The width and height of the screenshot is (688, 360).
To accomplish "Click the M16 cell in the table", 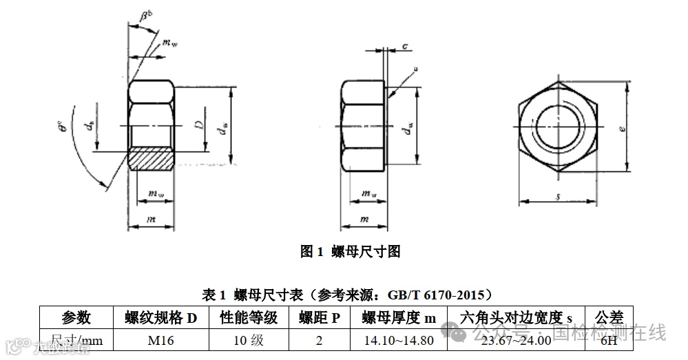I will click(x=160, y=340).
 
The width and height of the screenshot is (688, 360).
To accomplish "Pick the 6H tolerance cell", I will click(x=608, y=340).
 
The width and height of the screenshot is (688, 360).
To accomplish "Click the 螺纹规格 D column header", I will click(x=160, y=317).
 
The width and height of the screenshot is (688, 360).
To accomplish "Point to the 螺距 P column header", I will click(x=319, y=317).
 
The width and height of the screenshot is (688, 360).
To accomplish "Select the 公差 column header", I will click(x=608, y=317).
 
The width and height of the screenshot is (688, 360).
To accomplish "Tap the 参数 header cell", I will click(x=76, y=317).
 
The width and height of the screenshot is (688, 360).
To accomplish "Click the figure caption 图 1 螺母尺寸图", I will click(x=350, y=251).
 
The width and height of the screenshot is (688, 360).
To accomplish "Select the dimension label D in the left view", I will click(x=198, y=125).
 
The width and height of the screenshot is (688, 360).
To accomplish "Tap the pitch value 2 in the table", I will click(x=319, y=340).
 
